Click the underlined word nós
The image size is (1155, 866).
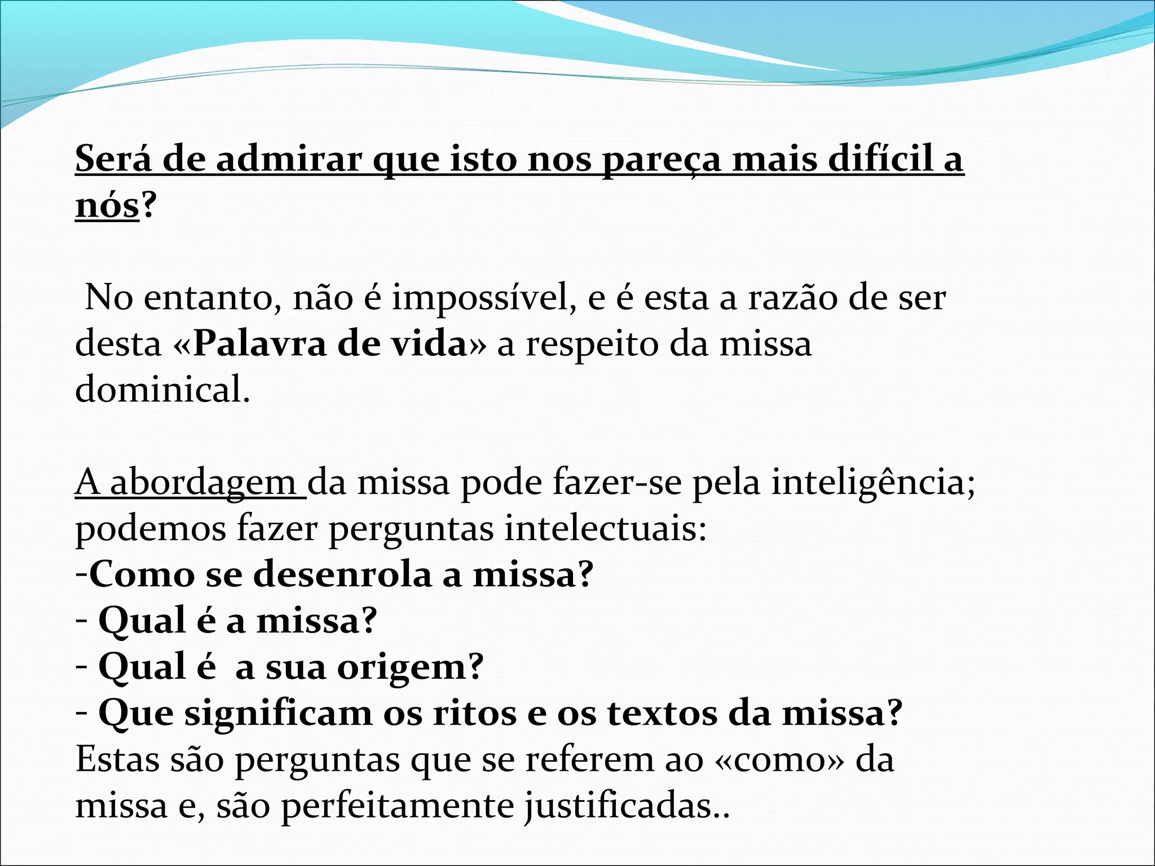[107, 206]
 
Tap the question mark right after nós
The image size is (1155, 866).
[147, 206]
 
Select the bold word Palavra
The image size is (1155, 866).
[259, 344]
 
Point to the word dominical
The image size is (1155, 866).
[162, 390]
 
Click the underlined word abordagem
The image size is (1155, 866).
[203, 484]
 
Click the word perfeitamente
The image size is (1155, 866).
[397, 806]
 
